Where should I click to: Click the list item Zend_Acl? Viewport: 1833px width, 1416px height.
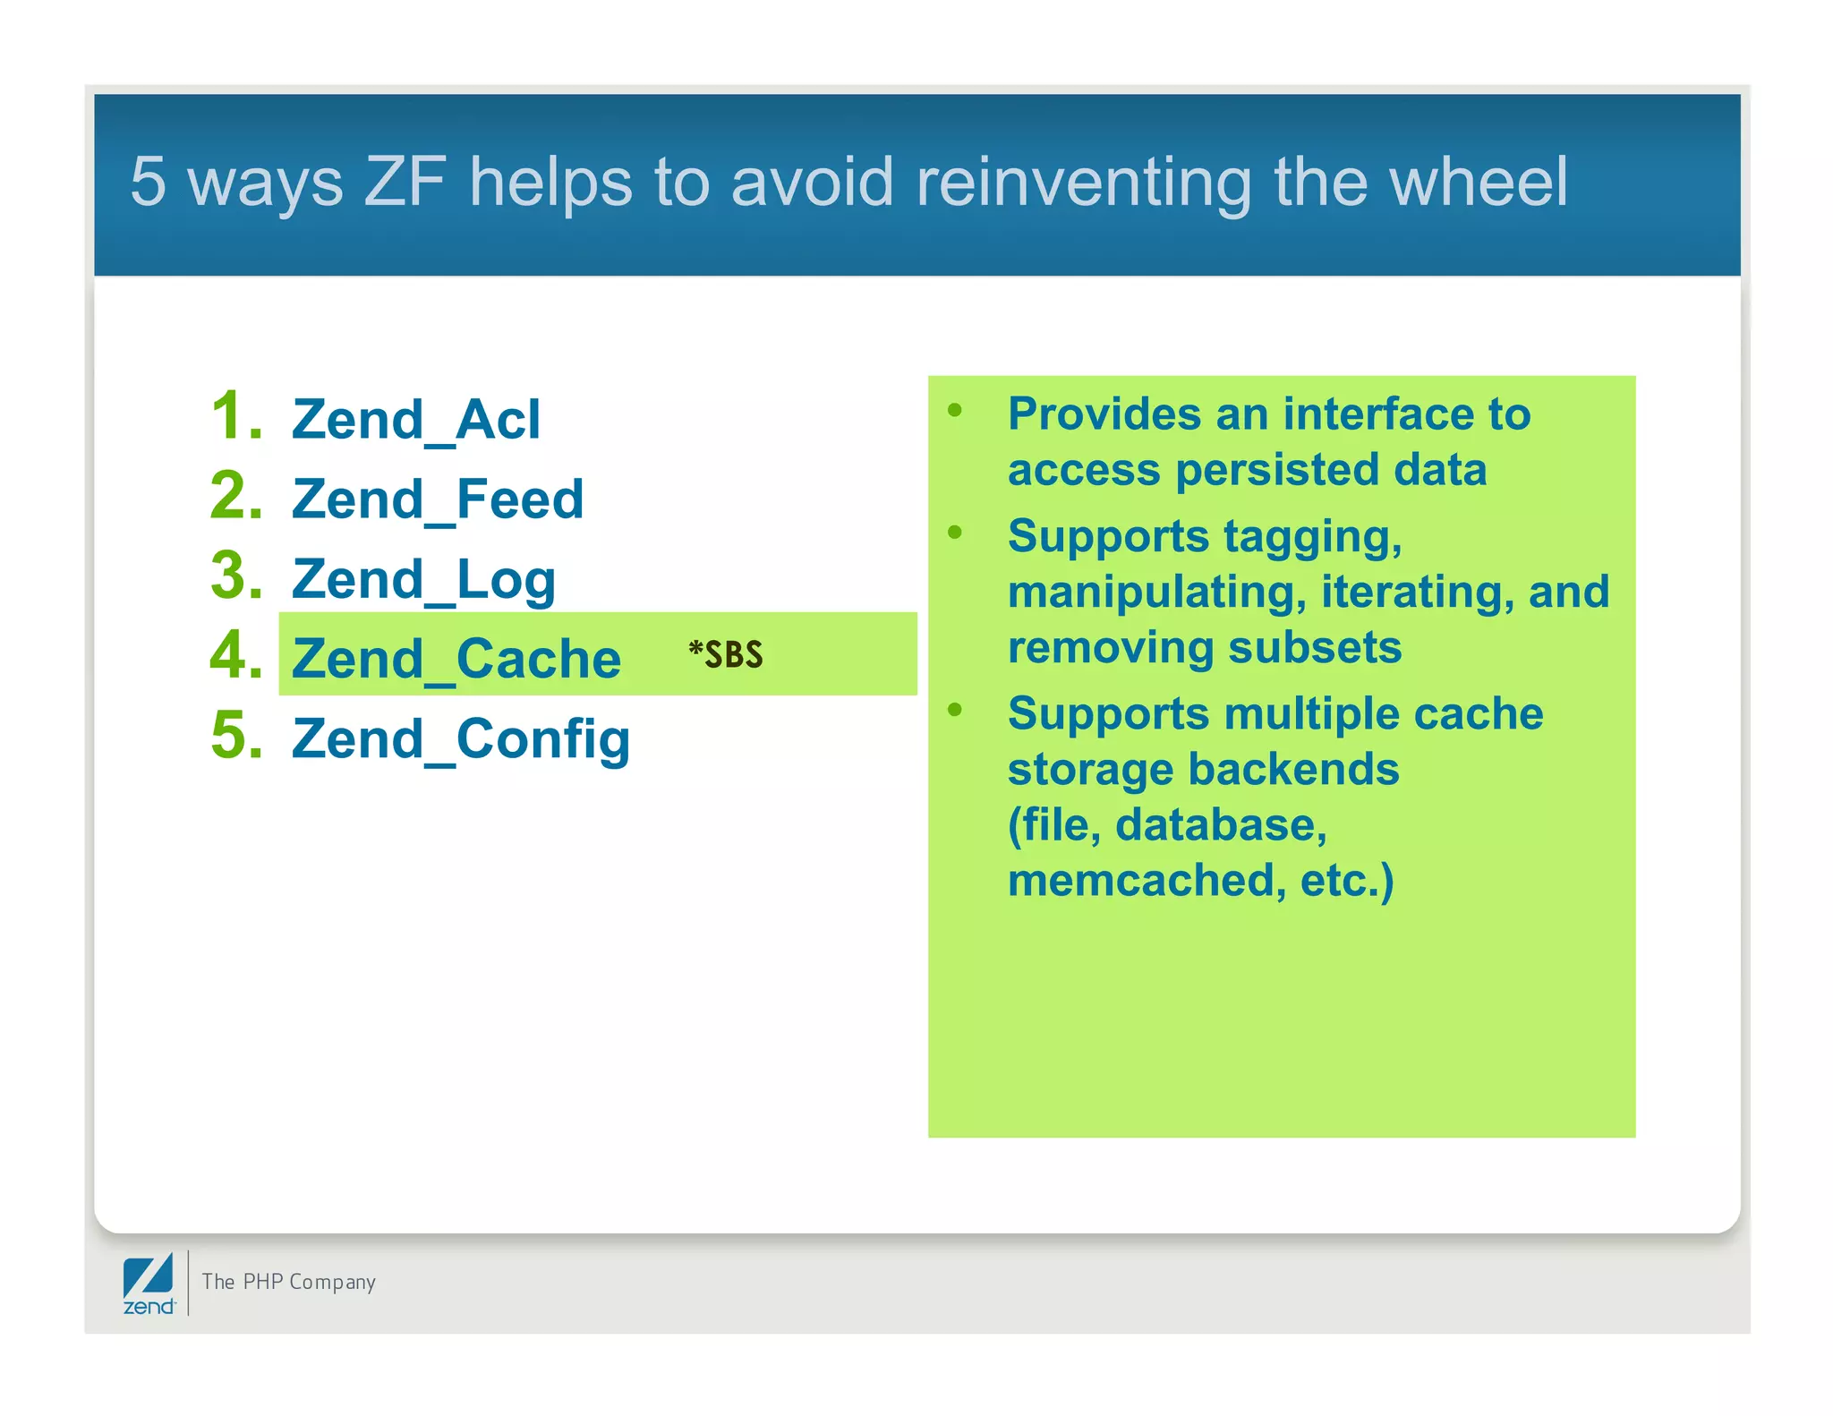click(416, 419)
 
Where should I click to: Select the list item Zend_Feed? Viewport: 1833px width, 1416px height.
click(438, 499)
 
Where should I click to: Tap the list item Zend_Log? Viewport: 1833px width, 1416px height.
click(423, 579)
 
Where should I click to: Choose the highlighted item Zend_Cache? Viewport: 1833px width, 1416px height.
click(456, 659)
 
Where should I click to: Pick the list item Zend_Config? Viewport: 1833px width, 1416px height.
click(461, 739)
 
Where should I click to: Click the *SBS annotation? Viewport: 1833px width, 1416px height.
click(726, 655)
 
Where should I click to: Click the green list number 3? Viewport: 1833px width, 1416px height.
click(236, 576)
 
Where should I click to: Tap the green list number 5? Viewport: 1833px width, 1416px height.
click(236, 736)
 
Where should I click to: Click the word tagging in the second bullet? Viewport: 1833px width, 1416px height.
click(1312, 538)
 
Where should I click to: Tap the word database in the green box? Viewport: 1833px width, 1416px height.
click(1221, 824)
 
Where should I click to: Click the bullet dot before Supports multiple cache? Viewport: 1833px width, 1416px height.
click(955, 710)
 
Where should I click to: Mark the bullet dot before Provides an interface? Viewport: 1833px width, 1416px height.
click(955, 411)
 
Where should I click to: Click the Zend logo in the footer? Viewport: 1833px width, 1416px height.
click(149, 1284)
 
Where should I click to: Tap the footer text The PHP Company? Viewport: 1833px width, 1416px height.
click(288, 1282)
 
